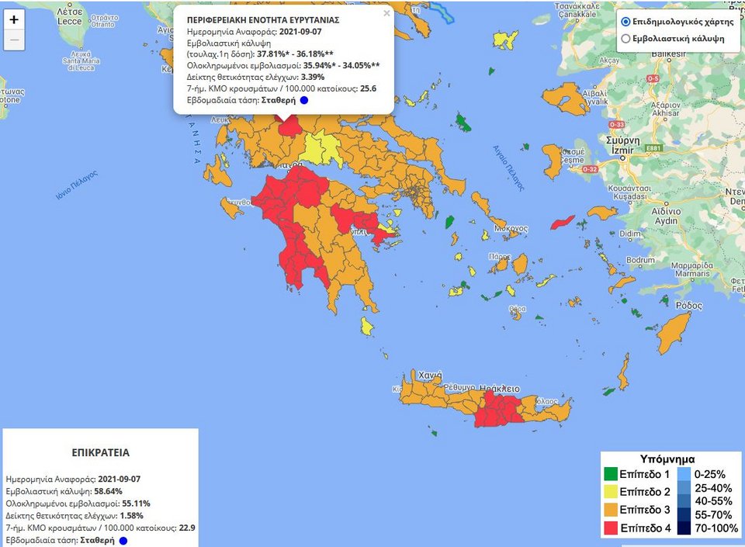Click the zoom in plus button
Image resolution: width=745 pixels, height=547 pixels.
click(14, 19)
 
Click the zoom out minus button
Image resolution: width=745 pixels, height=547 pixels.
click(14, 41)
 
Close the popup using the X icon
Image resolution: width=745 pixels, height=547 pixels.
click(386, 13)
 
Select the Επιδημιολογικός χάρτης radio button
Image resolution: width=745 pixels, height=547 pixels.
click(625, 22)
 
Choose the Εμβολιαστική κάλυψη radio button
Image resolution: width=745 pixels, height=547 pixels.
click(625, 39)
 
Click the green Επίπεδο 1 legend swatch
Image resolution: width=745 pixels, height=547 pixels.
click(611, 473)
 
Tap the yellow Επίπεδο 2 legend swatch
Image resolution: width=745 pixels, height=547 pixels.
click(611, 491)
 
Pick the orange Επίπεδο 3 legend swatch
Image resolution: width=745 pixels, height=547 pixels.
click(611, 509)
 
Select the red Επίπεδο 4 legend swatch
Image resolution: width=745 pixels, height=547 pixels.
click(611, 527)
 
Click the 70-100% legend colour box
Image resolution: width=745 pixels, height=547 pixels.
click(684, 528)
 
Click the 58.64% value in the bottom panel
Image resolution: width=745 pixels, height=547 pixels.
click(109, 491)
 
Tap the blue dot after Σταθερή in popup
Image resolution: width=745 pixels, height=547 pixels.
click(304, 100)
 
